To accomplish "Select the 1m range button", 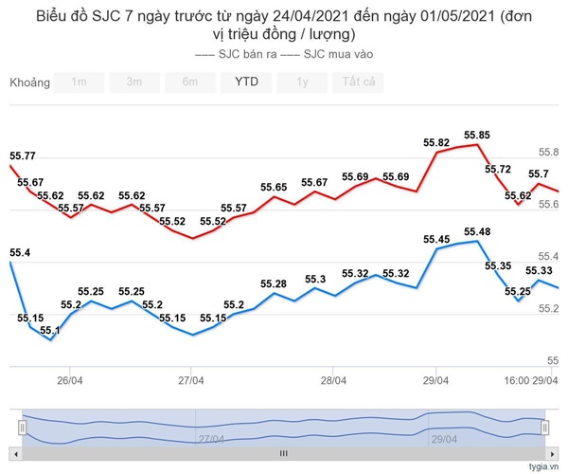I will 79,82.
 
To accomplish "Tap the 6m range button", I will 190,82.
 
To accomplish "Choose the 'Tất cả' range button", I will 359,82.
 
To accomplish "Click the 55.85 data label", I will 477,136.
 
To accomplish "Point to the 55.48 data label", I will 477,231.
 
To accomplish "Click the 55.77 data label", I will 23,155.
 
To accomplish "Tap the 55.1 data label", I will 50,330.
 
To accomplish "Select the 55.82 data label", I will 436,143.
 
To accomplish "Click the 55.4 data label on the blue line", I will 20,252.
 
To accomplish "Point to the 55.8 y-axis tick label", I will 548,152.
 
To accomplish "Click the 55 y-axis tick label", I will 553,360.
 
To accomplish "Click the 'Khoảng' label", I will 29,82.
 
